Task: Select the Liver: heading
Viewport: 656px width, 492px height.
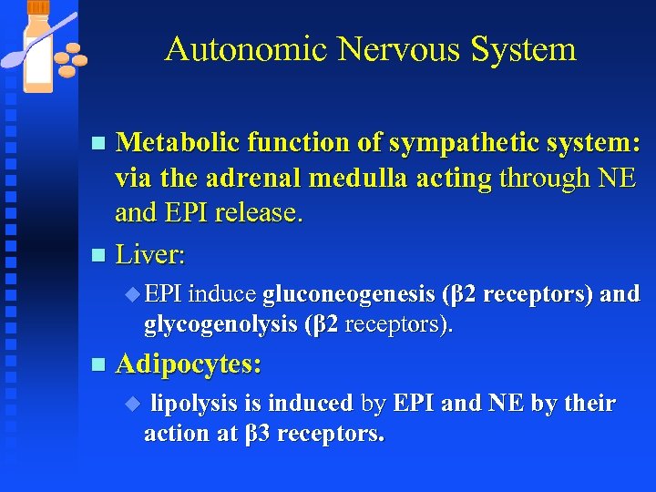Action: pos(150,255)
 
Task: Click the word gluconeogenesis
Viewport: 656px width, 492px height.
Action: pos(348,295)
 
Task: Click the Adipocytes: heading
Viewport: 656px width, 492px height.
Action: pos(189,364)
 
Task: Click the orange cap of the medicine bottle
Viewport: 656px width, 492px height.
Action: pos(38,6)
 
